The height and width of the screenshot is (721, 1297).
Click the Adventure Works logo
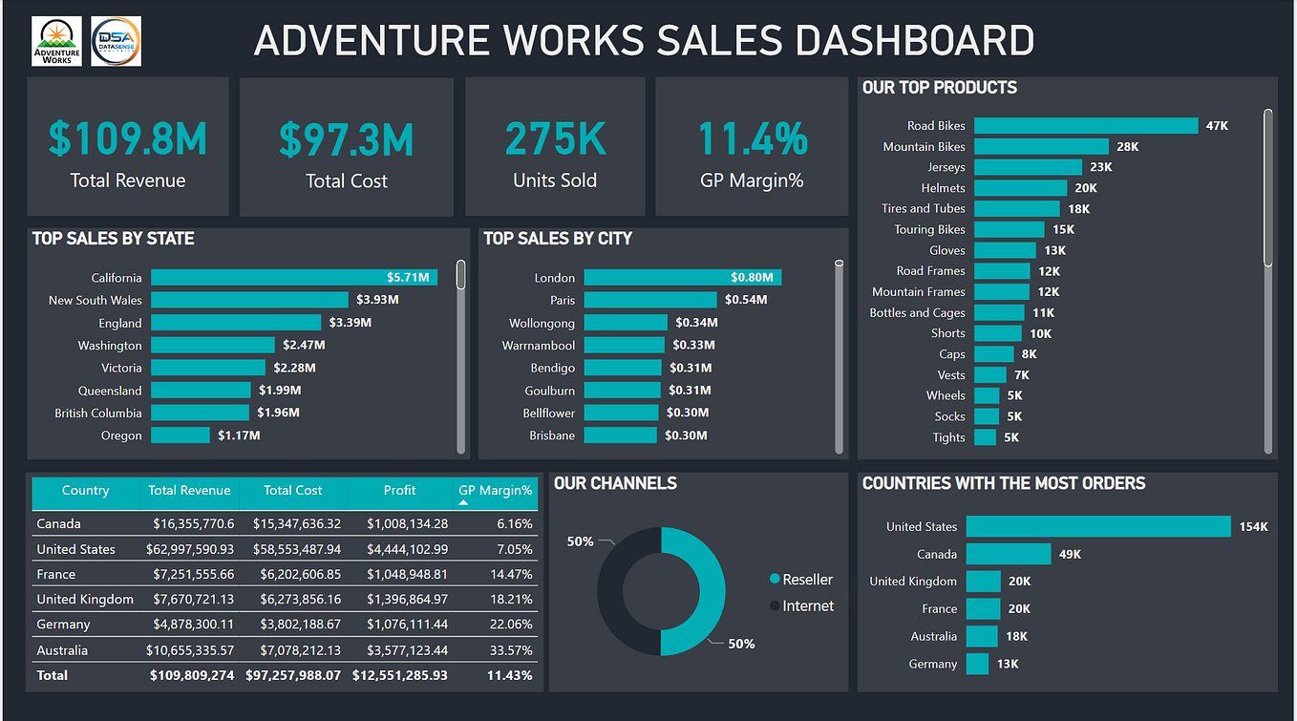click(56, 41)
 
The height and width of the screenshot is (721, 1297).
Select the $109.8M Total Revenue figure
click(128, 138)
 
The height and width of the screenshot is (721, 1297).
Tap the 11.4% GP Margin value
click(753, 138)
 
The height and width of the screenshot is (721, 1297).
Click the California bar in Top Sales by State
click(293, 278)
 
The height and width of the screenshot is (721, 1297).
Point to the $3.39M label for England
click(350, 323)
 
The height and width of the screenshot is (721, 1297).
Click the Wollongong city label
click(542, 323)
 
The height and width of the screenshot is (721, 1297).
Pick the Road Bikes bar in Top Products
click(1085, 126)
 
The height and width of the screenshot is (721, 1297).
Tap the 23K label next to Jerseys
click(1101, 167)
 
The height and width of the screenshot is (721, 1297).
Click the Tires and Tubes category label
click(923, 208)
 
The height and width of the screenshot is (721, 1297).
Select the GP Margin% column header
click(495, 491)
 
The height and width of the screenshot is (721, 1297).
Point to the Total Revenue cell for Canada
click(191, 524)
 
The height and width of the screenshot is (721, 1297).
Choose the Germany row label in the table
click(63, 625)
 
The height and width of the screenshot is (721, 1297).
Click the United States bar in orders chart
click(1097, 527)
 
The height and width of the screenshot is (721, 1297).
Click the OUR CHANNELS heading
click(615, 483)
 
